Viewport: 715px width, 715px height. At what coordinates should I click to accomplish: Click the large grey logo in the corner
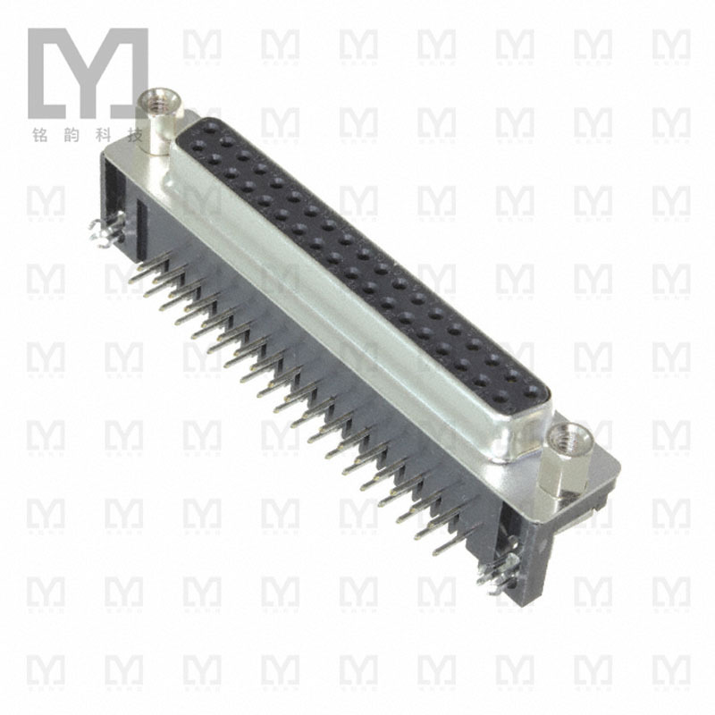point(87,72)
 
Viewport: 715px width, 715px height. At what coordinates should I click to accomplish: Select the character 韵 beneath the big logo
point(72,138)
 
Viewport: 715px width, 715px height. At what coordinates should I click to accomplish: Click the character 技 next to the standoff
point(136,138)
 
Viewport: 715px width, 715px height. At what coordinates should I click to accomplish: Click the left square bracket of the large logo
point(38,72)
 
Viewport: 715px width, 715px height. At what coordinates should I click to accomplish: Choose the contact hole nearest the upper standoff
point(207,130)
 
